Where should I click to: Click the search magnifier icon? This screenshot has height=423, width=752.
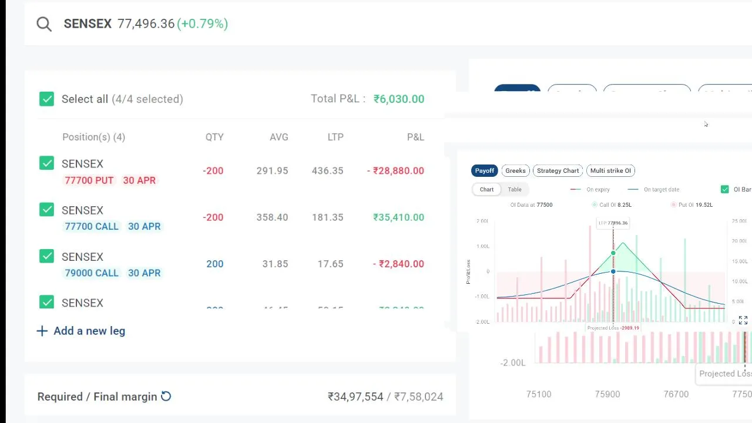[x=44, y=24]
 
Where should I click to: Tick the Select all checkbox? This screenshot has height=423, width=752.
[x=46, y=99]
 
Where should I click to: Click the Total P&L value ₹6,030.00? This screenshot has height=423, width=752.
[x=398, y=99]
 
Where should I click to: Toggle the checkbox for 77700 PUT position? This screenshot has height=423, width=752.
[x=46, y=163]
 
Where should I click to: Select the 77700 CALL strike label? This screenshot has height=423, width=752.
[x=92, y=226]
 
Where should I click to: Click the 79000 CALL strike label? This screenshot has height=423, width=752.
[x=92, y=273]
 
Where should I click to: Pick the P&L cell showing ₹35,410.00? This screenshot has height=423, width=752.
[x=398, y=217]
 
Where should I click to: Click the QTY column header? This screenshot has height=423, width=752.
[x=214, y=137]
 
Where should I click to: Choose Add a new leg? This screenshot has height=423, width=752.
[x=81, y=331]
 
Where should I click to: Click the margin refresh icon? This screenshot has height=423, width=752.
[x=166, y=397]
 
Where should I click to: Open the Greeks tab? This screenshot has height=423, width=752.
[x=515, y=170]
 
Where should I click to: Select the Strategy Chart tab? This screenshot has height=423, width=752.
[x=558, y=170]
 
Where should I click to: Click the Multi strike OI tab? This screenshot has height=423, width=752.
[x=610, y=170]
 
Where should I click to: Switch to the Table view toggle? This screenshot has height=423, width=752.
[x=515, y=189]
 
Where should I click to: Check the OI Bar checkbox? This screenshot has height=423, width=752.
[x=724, y=189]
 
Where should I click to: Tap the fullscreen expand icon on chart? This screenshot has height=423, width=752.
[x=743, y=320]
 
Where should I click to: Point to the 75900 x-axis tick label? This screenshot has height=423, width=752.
[x=607, y=394]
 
